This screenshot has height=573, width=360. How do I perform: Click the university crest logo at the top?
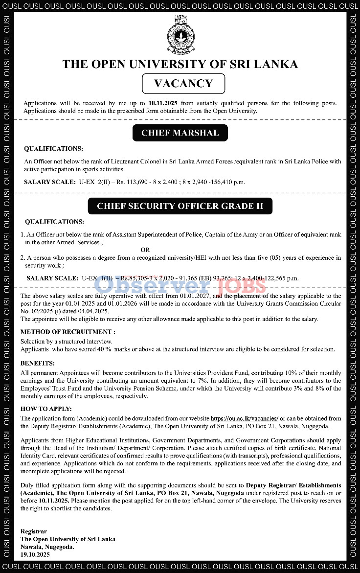click(180, 35)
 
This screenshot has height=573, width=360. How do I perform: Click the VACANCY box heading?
click(183, 84)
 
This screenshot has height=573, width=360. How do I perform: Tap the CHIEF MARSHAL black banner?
click(180, 133)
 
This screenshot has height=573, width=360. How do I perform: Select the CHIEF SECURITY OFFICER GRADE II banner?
click(180, 206)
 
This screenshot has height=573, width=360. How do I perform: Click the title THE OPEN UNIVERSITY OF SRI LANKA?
click(180, 64)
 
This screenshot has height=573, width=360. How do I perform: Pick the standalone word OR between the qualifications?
click(145, 250)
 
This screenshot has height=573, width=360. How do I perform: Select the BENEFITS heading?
click(38, 363)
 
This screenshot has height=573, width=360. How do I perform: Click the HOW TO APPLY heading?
click(46, 409)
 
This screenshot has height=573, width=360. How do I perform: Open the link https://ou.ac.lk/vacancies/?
click(245, 418)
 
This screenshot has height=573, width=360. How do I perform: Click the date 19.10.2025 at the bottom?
click(35, 554)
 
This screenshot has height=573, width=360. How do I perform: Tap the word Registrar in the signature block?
click(34, 531)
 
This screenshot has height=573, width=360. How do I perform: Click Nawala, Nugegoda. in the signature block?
click(47, 547)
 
